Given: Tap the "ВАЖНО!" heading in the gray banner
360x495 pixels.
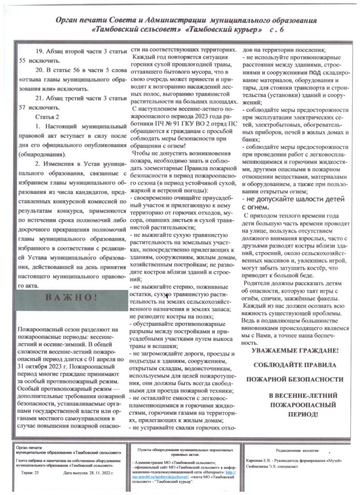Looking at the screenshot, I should tap(72, 297).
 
